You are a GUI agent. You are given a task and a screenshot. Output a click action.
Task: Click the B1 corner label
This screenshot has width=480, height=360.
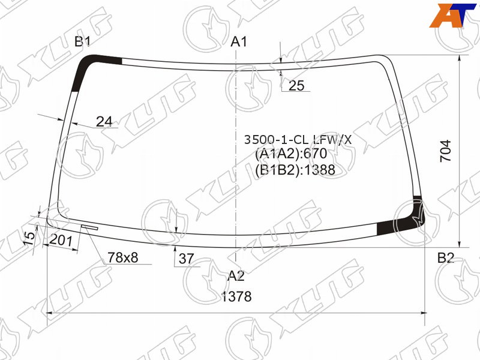pos(83,41)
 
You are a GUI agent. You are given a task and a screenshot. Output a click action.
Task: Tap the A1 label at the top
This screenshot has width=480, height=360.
pos(238,41)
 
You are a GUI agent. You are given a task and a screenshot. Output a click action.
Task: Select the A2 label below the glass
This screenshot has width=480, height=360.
pos(236,276)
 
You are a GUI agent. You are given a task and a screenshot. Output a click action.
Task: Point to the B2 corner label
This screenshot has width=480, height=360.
pos(445,258)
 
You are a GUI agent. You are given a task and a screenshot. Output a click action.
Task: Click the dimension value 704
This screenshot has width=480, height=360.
pos(445,151)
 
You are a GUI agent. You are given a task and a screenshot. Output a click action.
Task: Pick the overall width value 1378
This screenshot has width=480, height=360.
pos(236,296)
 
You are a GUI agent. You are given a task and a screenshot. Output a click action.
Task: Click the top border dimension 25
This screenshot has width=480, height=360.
pos(296,86)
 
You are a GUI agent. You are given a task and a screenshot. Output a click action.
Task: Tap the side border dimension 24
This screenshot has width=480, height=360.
pos(104,122)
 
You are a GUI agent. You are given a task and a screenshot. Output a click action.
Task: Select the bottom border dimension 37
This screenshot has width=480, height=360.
pos(186,259)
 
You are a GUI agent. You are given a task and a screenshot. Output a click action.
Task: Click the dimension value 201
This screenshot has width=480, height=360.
pos(61,241)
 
